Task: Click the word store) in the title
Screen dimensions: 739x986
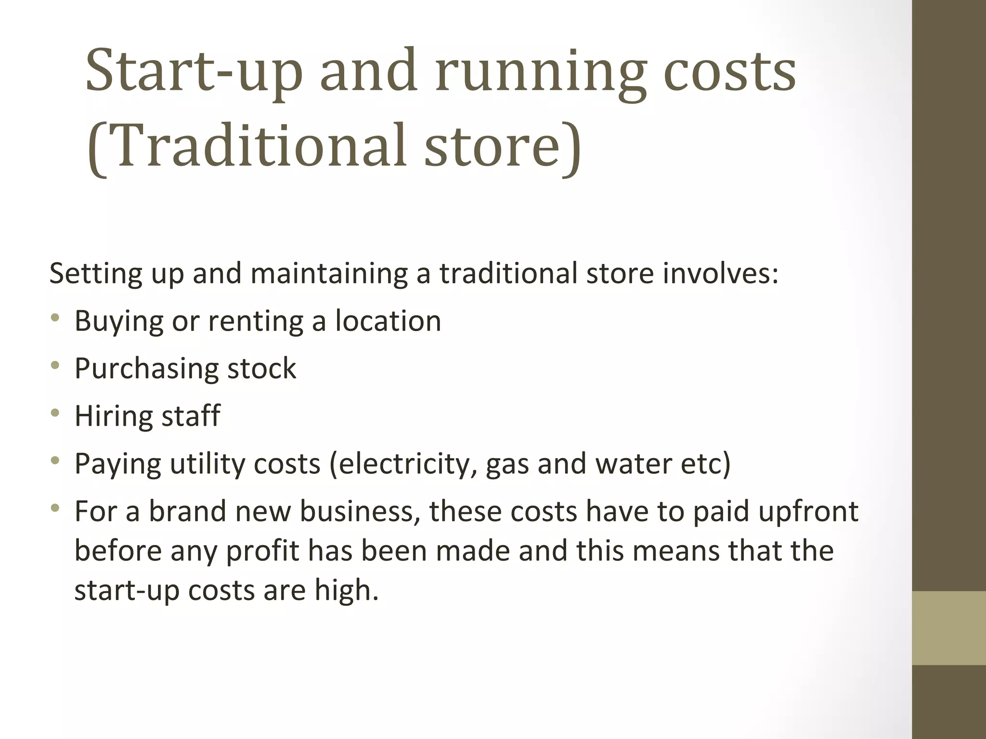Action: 503,146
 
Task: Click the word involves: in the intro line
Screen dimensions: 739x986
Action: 721,273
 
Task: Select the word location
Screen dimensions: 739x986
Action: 388,321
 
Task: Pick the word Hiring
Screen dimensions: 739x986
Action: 114,416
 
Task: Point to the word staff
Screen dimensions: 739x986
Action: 191,416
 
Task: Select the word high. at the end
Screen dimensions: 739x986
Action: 347,590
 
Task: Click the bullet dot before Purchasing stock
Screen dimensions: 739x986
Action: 55,366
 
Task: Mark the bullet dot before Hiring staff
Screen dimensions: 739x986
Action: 55,413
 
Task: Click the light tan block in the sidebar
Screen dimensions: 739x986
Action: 949,628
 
